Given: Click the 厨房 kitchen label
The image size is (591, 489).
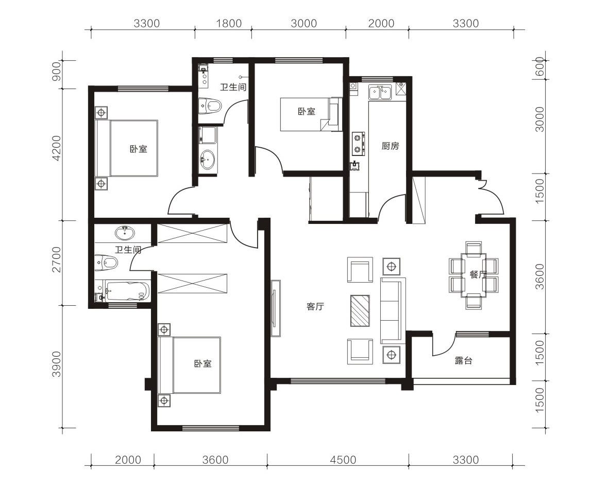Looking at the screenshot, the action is point(390,146).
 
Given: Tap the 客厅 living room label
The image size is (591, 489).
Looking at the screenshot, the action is point(315,306).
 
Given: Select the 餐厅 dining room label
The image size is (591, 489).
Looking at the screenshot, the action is point(478,274).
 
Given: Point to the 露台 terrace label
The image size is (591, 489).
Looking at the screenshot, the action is point(463,361).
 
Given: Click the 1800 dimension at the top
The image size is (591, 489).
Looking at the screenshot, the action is point(229,23).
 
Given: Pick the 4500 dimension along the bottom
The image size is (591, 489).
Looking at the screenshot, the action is point(343,460).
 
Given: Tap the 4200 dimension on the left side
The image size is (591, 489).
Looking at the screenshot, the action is point(56,148).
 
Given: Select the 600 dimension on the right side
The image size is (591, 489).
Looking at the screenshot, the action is point(540,66).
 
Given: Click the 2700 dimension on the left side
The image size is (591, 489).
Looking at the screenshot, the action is point(56,259).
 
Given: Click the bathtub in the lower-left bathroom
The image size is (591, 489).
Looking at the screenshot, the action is point(127,291).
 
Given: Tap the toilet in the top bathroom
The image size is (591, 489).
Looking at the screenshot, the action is point(210,106).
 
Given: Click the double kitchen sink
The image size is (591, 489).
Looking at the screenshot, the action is point(380,93).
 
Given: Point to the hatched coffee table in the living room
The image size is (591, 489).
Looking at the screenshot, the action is point(360,311).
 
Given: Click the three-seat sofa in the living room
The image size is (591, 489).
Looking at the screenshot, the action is point(393,310).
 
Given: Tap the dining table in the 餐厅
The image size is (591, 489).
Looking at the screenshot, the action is point(474,275).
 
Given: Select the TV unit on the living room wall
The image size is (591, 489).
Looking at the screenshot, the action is point(276,308).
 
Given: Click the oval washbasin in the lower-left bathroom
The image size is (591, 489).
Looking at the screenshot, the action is point(124,233).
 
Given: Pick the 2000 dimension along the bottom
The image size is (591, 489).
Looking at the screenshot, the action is point(128,460).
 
